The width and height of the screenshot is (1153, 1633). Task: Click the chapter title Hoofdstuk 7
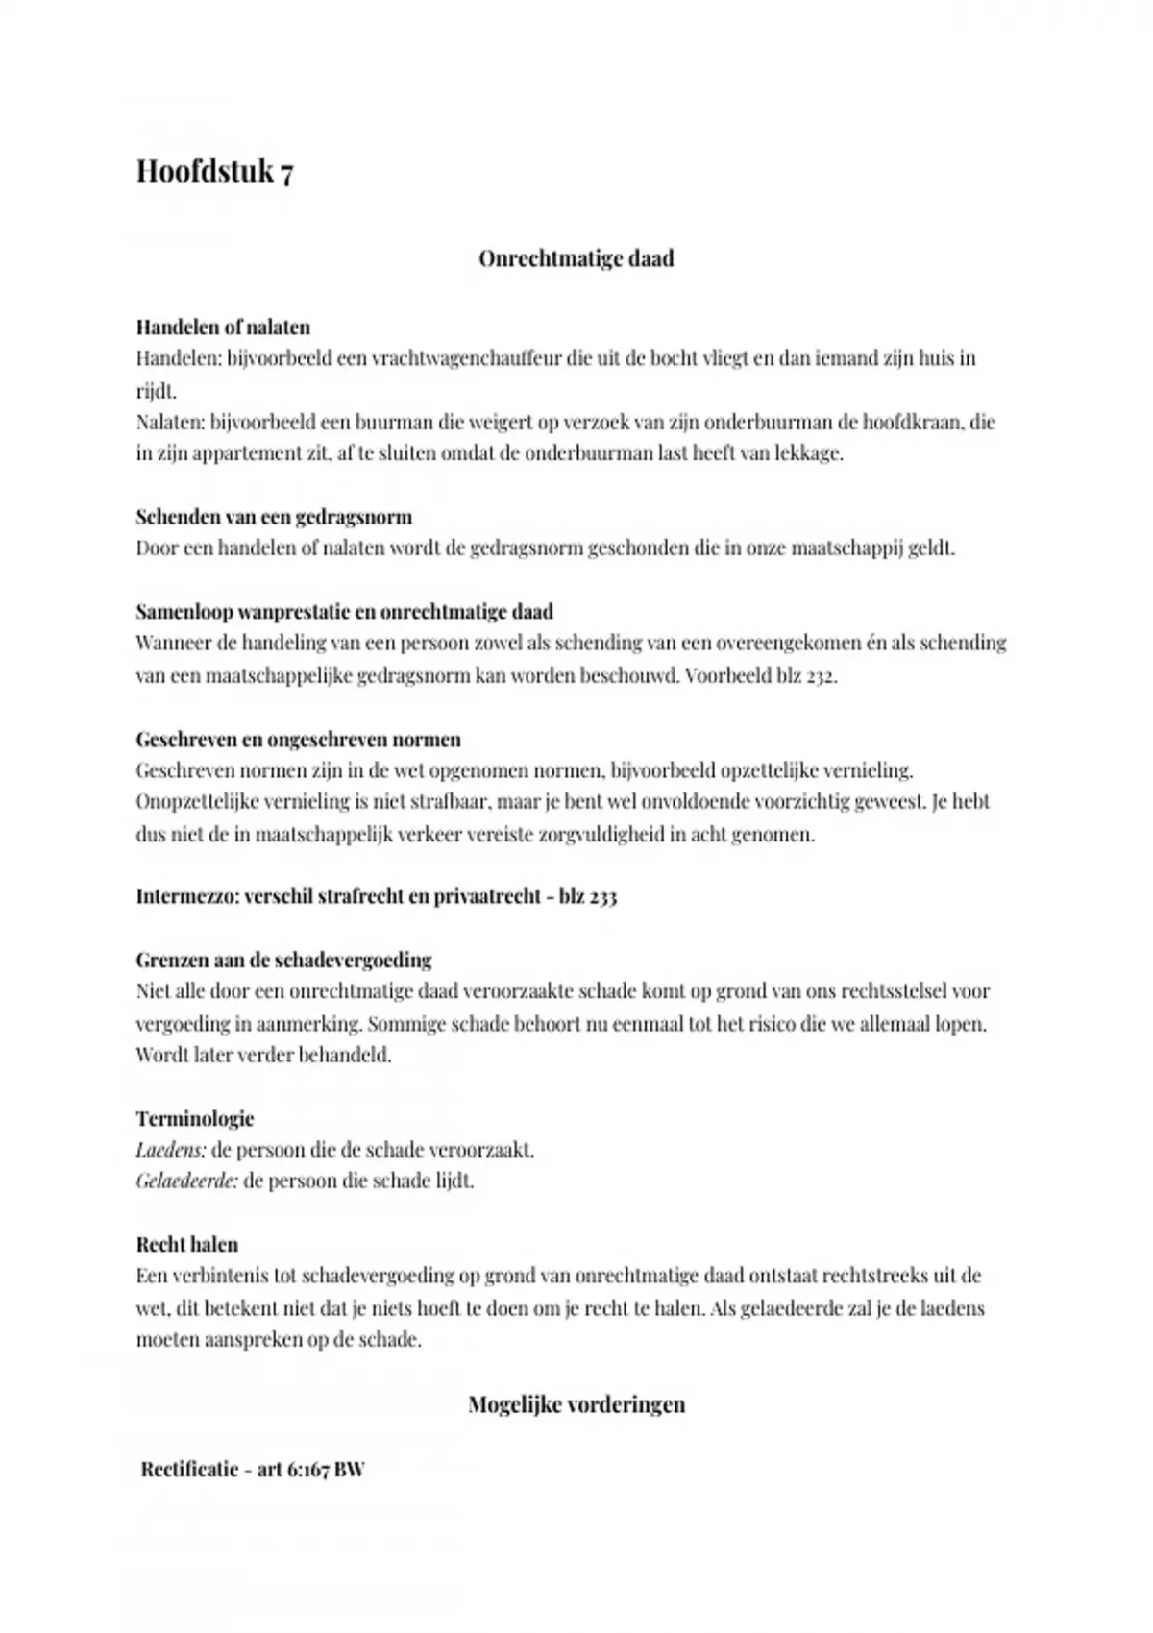click(214, 172)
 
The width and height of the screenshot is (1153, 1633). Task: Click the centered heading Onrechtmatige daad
click(576, 258)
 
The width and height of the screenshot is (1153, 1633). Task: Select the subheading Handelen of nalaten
click(222, 327)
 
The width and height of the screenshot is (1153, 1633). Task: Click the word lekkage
click(808, 453)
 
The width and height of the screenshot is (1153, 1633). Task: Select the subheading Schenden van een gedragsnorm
click(274, 517)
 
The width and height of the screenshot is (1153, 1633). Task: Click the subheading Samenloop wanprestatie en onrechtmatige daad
click(344, 612)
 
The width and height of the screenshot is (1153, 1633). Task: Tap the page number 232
click(820, 675)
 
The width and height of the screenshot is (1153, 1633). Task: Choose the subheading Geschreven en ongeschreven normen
click(298, 740)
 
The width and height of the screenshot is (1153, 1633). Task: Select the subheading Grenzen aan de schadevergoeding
click(283, 960)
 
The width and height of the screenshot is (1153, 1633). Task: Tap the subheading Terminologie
click(195, 1118)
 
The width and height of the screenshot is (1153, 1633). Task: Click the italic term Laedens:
click(170, 1150)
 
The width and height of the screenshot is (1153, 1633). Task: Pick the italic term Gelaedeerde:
click(186, 1181)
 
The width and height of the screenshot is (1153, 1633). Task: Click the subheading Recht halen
click(187, 1245)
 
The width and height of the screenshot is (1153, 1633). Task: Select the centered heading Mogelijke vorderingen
click(576, 1404)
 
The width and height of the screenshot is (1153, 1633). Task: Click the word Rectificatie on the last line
click(189, 1470)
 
